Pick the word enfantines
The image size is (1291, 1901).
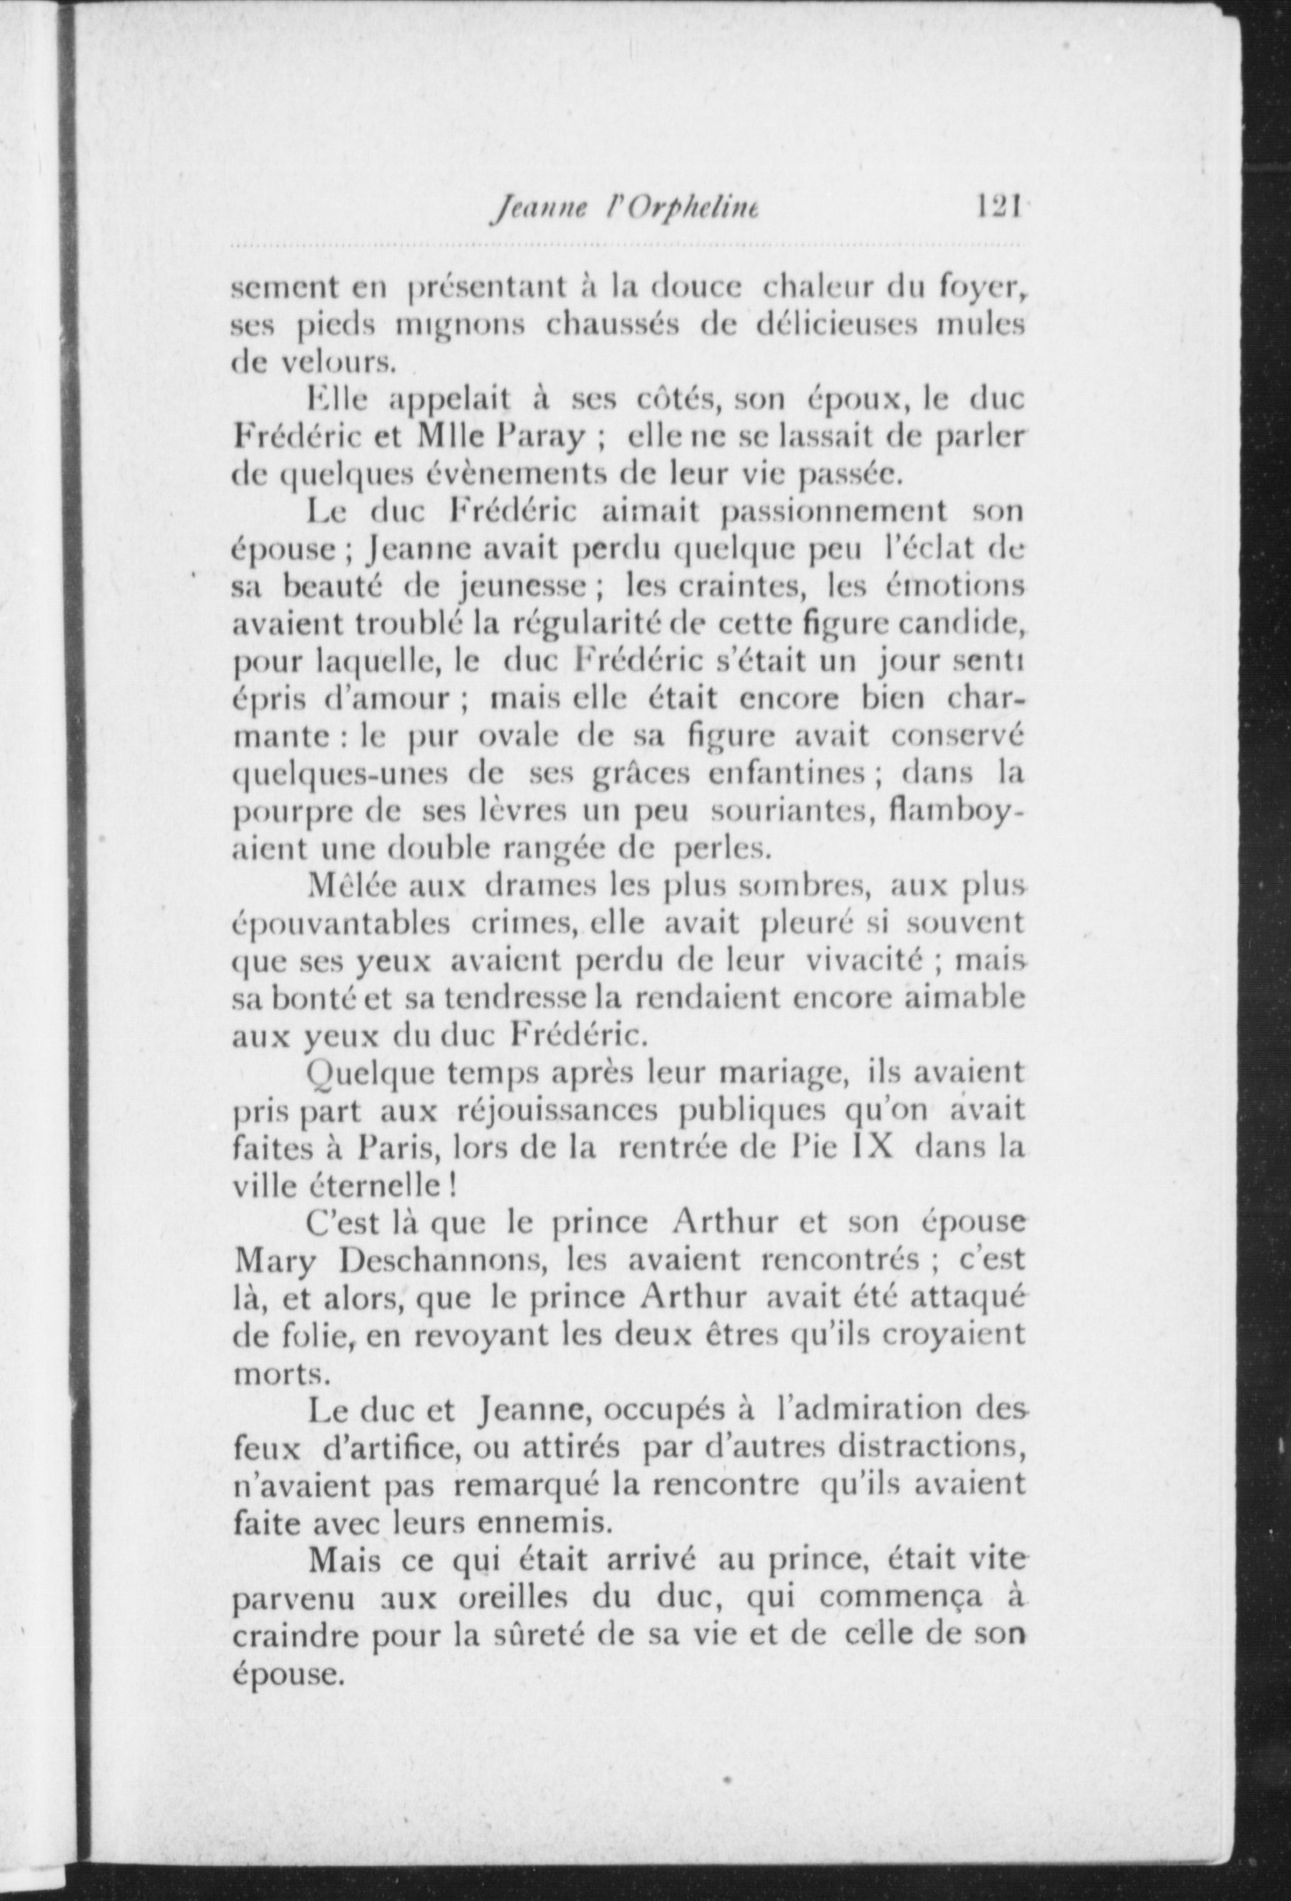click(786, 773)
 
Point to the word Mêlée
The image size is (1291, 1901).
click(353, 885)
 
